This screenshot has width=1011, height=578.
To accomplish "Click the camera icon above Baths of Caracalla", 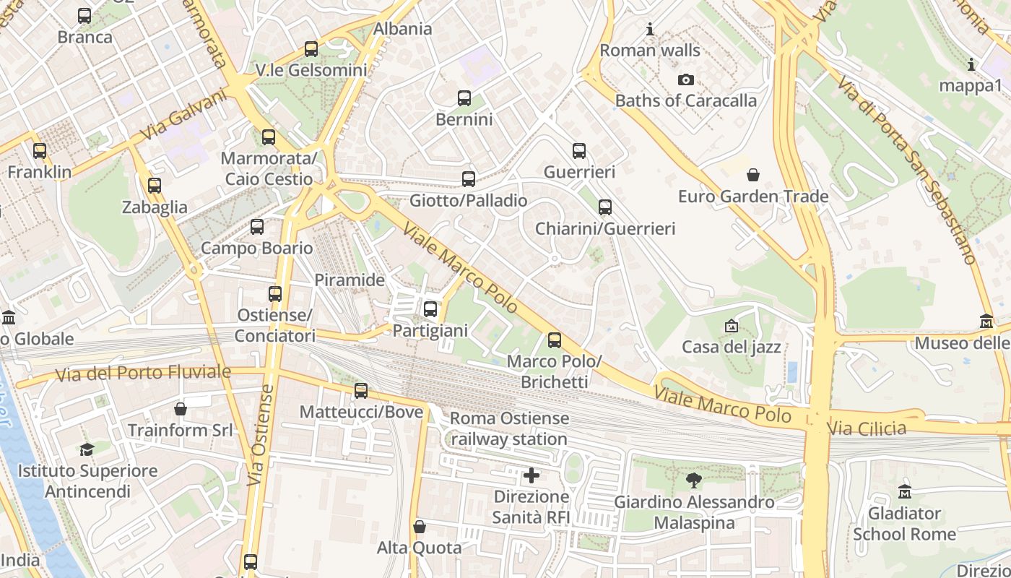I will tap(685, 80).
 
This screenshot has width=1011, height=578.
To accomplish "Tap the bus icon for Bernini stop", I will tap(464, 98).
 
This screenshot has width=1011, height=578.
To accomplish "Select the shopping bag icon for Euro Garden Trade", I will tap(753, 175).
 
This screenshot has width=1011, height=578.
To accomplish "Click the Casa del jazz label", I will tap(732, 347).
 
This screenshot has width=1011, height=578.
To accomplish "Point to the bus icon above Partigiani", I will tap(430, 309).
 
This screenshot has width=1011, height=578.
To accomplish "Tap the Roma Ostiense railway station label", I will tap(509, 428).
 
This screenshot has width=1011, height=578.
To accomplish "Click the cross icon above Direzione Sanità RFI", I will tap(531, 475).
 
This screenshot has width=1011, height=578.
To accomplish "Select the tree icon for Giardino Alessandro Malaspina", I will tap(694, 480).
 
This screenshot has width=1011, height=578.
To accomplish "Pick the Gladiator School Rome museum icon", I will tap(905, 492).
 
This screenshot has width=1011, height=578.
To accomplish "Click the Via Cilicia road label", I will tap(867, 428).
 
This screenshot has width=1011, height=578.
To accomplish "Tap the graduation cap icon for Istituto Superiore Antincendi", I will tap(87, 449).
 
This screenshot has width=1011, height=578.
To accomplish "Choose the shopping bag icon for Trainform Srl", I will tap(181, 409).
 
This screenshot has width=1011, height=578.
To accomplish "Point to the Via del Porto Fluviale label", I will tap(144, 374).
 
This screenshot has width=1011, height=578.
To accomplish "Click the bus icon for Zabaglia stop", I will tap(155, 186).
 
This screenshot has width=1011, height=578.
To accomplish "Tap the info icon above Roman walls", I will tap(650, 30).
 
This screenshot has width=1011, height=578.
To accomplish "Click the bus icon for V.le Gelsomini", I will tap(311, 49).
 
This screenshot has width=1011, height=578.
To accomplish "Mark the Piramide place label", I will tap(350, 280).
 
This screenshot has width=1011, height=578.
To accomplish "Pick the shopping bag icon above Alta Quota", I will tap(420, 527).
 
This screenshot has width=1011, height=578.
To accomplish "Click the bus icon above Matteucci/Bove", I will tap(361, 391).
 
